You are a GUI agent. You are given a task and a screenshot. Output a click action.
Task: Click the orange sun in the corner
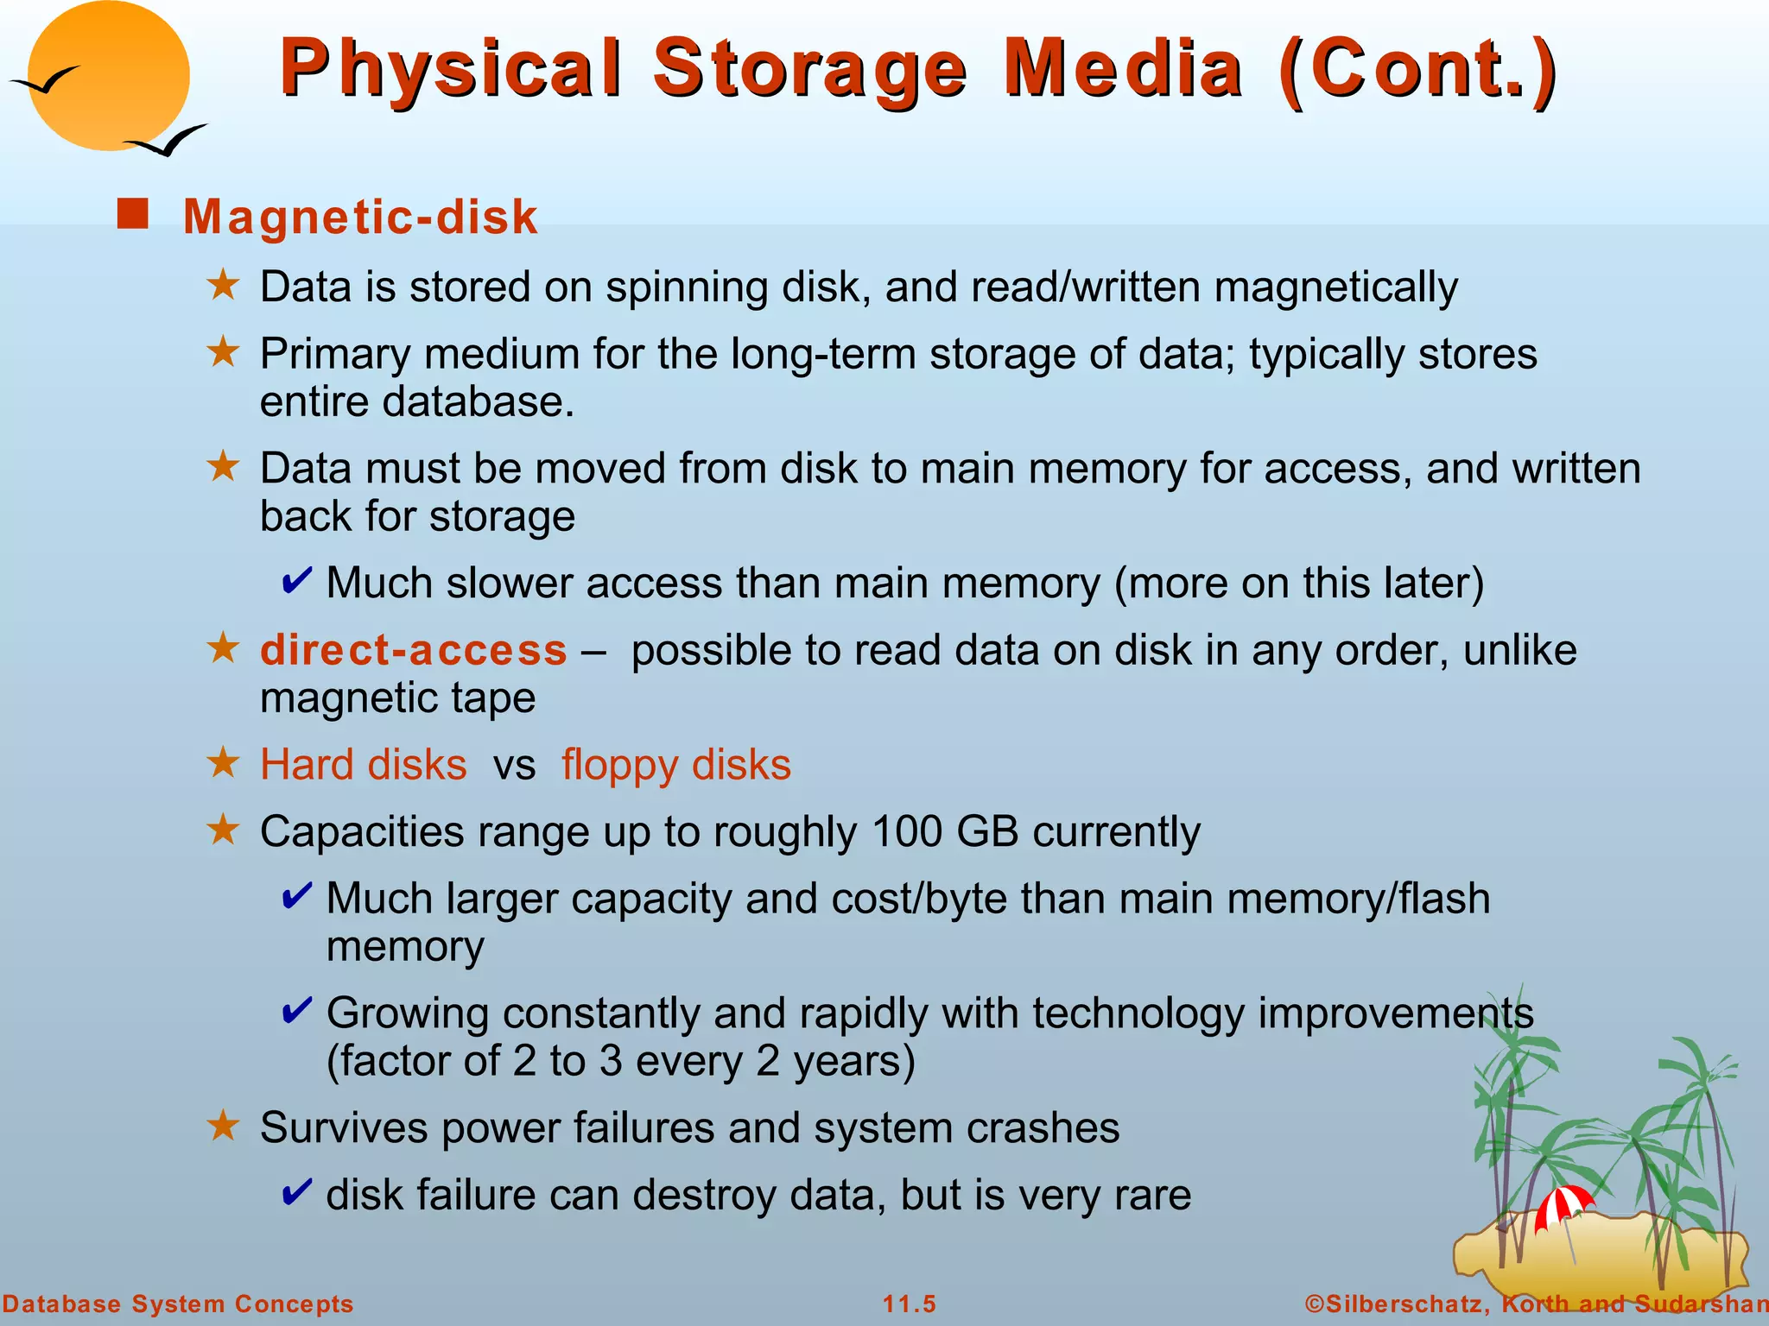point(108,76)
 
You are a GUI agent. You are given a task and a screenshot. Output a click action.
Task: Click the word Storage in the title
point(809,69)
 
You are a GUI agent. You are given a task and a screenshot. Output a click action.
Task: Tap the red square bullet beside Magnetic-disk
point(133,214)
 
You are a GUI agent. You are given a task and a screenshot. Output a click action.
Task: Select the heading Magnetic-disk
point(360,217)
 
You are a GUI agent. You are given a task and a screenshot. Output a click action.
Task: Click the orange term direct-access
point(414,650)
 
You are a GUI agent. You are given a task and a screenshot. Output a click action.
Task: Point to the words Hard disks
point(364,765)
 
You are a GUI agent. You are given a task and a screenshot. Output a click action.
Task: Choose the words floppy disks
point(676,765)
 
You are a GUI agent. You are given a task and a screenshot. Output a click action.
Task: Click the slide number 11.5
point(909,1304)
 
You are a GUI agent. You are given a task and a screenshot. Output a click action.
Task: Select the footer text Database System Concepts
point(178,1304)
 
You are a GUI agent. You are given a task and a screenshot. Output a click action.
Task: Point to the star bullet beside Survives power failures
point(224,1126)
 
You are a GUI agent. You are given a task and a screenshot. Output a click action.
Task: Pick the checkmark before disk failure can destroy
point(296,1194)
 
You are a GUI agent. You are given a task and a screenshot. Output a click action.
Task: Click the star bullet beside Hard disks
point(224,763)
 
